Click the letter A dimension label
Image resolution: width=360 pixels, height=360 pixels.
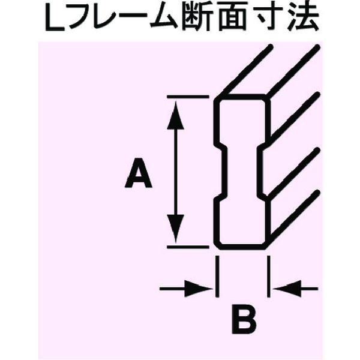click(x=139, y=173)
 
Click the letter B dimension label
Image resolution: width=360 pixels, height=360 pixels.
click(x=244, y=319)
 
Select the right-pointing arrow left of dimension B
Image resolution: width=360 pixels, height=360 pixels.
click(x=186, y=289)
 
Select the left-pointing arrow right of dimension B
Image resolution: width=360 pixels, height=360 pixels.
click(x=295, y=289)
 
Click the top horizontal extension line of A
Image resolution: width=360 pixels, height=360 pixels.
click(x=188, y=97)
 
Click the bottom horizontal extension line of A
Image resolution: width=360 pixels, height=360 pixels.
click(x=188, y=247)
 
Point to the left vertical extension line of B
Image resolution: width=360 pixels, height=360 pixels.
click(x=217, y=277)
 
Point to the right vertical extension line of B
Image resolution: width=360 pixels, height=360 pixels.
click(x=269, y=277)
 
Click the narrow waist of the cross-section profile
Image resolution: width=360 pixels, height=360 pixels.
click(x=242, y=172)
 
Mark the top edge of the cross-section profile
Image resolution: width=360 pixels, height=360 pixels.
click(x=242, y=97)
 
